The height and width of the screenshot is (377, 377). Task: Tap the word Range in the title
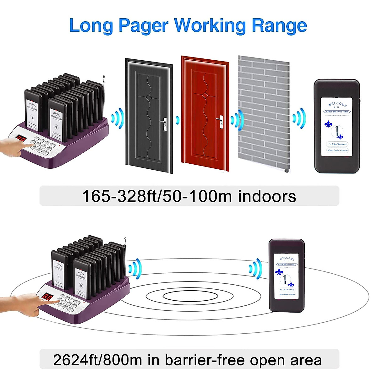coord(279,25)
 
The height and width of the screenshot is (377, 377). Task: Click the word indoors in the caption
coord(267,196)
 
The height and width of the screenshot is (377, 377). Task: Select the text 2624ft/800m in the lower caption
coord(97,360)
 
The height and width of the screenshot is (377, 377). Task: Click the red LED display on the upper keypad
coord(21,139)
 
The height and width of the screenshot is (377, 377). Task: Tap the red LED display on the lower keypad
coord(48,297)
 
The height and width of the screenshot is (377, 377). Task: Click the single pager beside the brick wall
coord(337,126)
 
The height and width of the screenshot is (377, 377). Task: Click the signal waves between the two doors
coord(178,120)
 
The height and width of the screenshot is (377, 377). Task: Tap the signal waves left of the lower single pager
coord(255,269)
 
